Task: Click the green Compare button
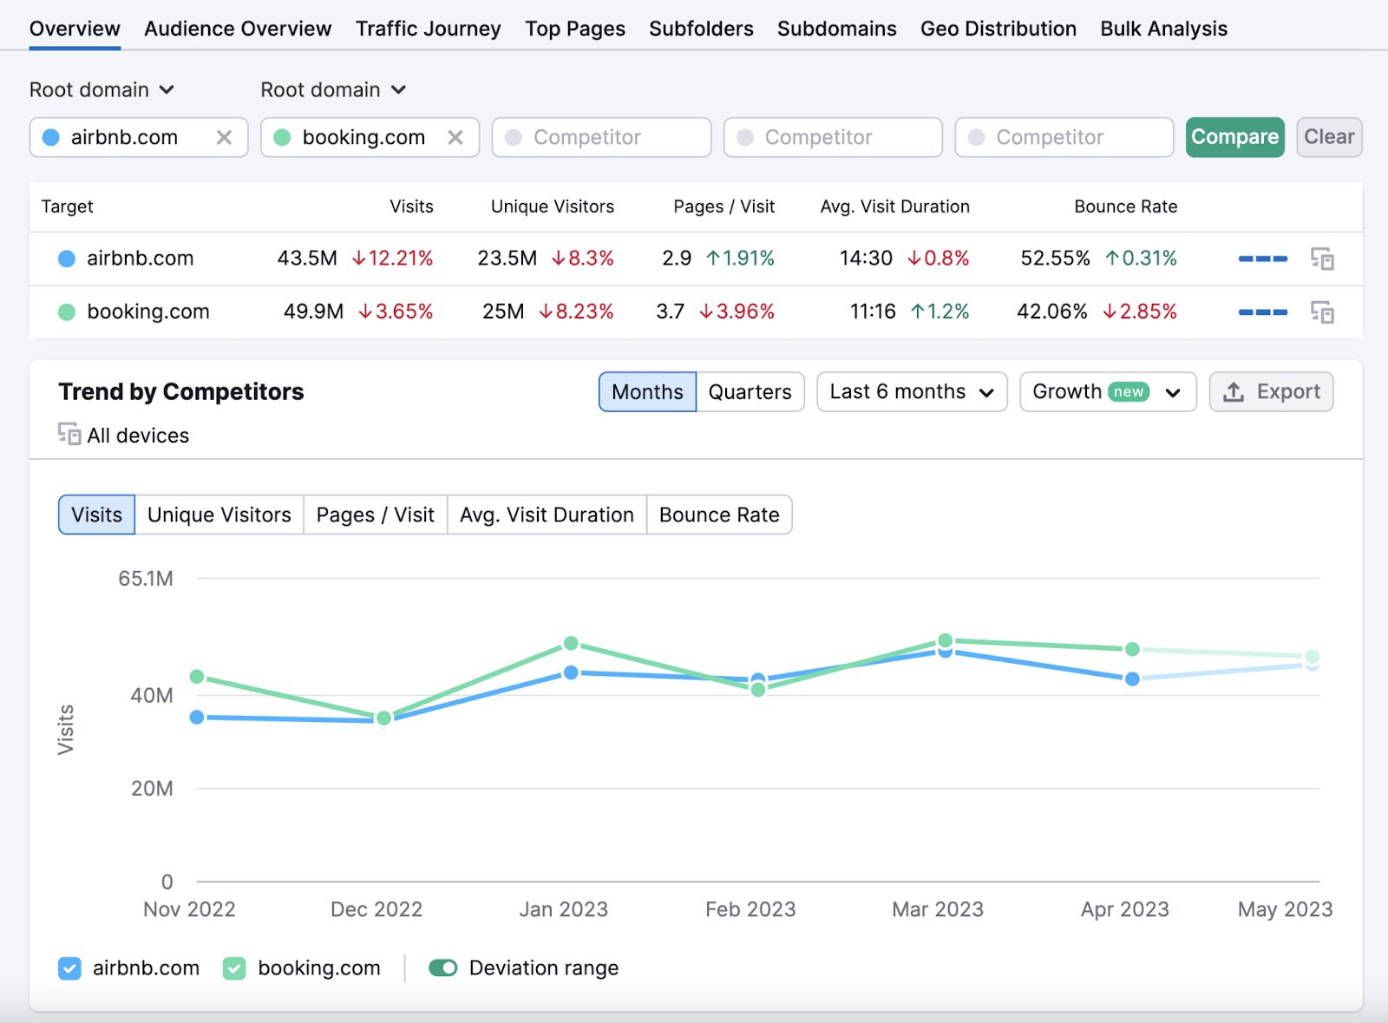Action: click(1234, 137)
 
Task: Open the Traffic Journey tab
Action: click(428, 29)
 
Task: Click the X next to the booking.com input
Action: click(455, 137)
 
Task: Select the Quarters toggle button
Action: click(750, 392)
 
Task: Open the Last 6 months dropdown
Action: click(911, 392)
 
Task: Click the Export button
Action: click(1271, 392)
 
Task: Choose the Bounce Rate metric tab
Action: click(718, 515)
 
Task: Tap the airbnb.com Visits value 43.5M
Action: click(307, 259)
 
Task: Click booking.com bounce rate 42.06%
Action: click(1051, 311)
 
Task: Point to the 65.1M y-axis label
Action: click(146, 579)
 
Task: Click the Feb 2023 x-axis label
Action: click(750, 909)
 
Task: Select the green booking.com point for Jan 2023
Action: click(571, 643)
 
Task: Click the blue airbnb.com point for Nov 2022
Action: click(197, 718)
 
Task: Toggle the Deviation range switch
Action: click(443, 968)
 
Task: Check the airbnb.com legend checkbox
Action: click(69, 968)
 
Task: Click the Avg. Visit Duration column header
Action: click(894, 207)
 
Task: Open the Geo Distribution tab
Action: click(998, 29)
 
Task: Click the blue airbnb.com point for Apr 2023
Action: click(1132, 679)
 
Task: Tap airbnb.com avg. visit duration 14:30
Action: click(866, 259)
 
